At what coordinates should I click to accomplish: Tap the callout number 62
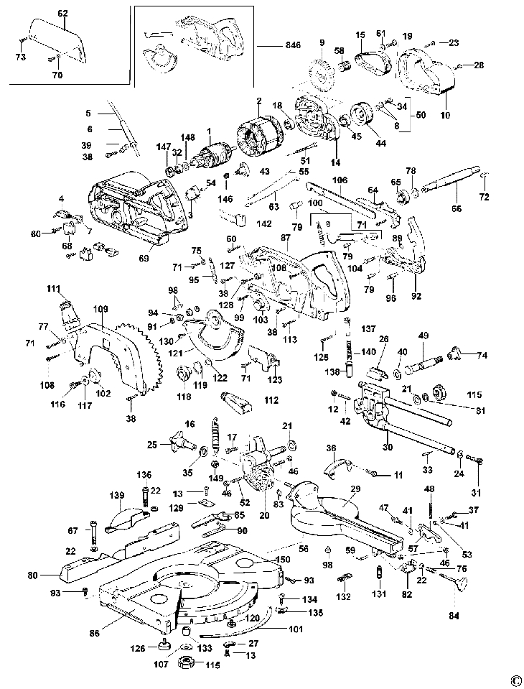(62, 14)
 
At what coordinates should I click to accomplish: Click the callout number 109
(99, 309)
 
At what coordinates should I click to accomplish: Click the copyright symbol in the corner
(515, 679)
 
